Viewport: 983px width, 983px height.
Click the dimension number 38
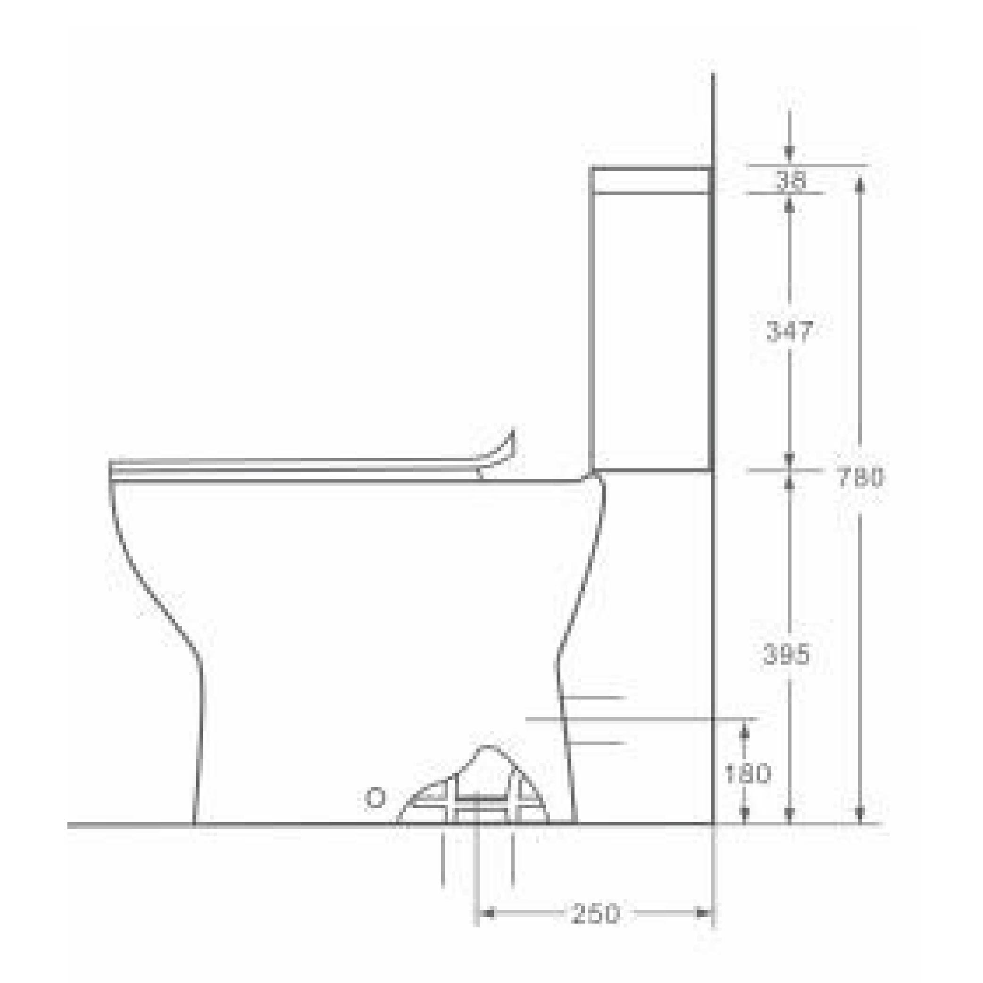pyautogui.click(x=790, y=181)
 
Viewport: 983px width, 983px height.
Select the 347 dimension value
pyautogui.click(x=790, y=331)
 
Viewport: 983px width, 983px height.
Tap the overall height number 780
pyautogui.click(x=861, y=477)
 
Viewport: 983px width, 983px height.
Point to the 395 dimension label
pyautogui.click(x=786, y=654)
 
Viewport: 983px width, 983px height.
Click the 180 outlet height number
pyautogui.click(x=747, y=775)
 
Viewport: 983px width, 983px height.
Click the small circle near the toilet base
pyautogui.click(x=375, y=798)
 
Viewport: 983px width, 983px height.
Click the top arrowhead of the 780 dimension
pyautogui.click(x=860, y=186)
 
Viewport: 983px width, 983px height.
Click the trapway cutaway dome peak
pyautogui.click(x=487, y=748)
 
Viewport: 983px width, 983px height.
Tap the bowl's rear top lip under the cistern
pyautogui.click(x=592, y=475)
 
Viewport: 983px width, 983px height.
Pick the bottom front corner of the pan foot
pyautogui.click(x=194, y=823)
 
